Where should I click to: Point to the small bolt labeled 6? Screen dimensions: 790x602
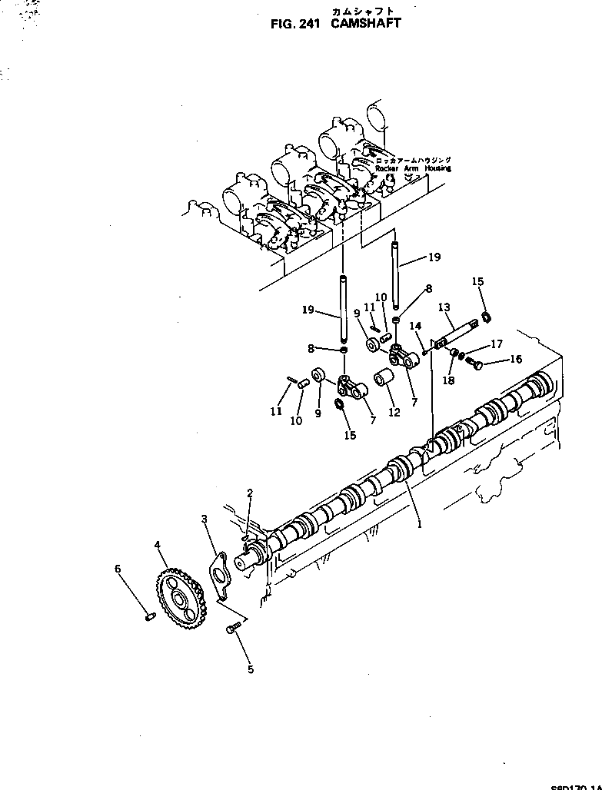click(151, 615)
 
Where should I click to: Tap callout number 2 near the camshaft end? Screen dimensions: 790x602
click(249, 492)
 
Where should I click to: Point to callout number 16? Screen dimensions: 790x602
click(515, 359)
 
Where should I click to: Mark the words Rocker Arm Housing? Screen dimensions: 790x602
click(413, 168)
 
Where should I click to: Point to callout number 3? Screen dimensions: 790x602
click(205, 519)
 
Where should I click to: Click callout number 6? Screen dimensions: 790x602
click(118, 569)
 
